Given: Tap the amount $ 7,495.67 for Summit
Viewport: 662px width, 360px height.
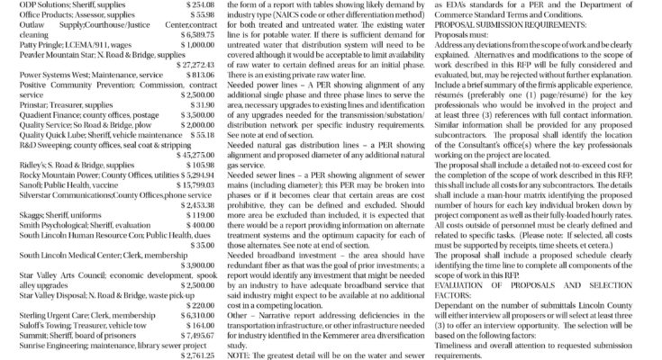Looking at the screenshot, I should click(x=191, y=333).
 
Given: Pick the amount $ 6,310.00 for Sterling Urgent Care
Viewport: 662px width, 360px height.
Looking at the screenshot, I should click(x=191, y=317).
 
